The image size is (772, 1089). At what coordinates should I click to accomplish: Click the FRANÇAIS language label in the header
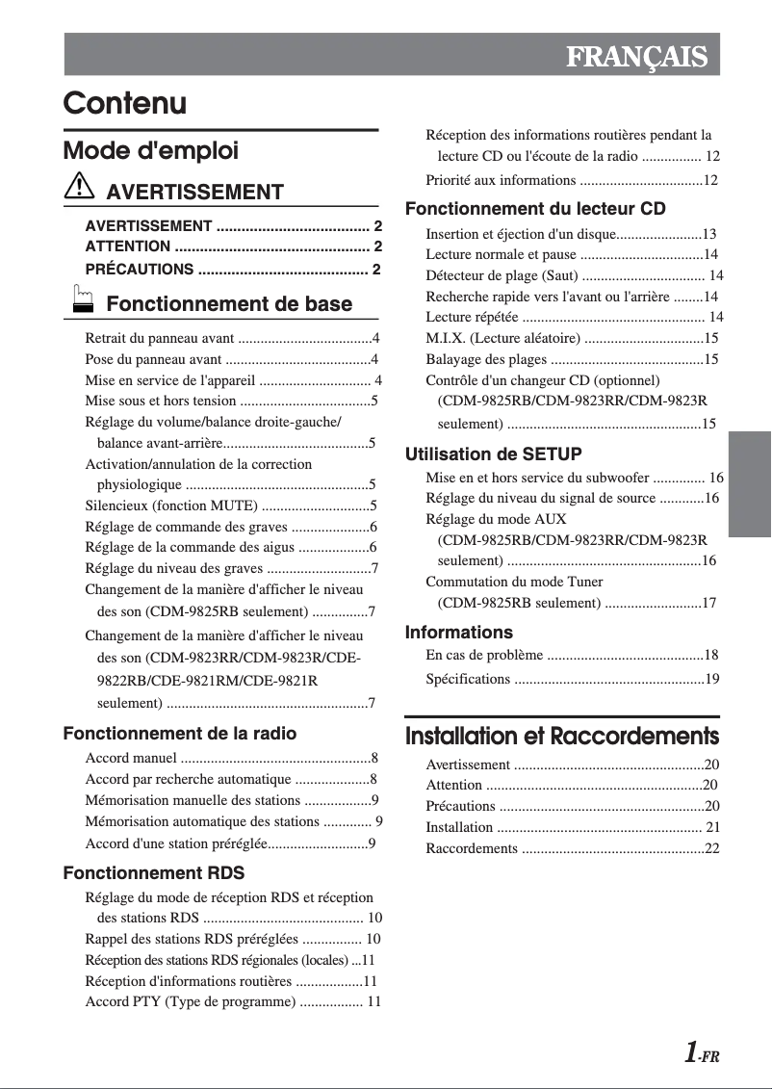coord(636,57)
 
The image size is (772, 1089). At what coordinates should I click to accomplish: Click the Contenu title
coord(125,103)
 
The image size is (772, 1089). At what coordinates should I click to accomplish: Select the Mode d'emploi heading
coord(150,151)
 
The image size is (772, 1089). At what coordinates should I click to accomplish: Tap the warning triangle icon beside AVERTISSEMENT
coord(78,187)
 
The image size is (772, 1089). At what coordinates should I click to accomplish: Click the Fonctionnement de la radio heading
coord(180,734)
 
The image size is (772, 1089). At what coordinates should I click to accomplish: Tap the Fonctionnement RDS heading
coord(154,873)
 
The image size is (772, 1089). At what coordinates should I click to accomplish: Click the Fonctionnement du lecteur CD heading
coord(535,209)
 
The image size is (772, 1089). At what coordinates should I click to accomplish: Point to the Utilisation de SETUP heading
coord(494,454)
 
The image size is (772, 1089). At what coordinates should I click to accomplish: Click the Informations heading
coord(459,633)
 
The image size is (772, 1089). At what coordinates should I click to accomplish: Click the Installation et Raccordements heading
coord(562,737)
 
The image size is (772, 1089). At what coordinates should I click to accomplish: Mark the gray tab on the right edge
coord(750,483)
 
